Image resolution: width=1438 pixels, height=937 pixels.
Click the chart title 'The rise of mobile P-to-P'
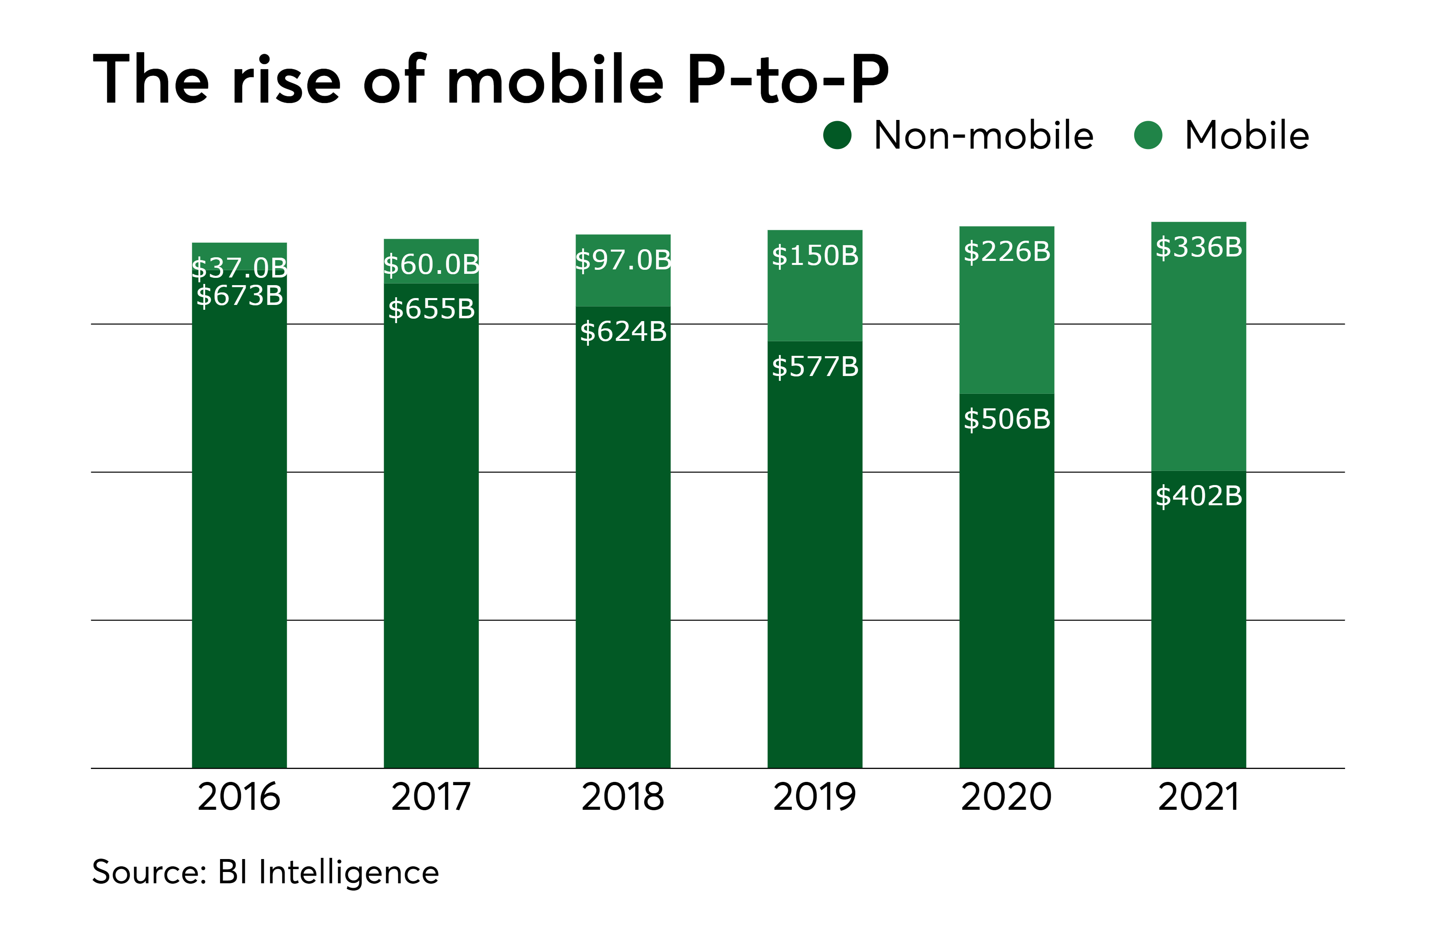(x=491, y=80)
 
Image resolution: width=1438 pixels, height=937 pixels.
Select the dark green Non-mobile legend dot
(x=837, y=135)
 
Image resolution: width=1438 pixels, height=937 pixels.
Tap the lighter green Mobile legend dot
(x=1148, y=135)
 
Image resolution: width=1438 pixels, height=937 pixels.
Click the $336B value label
(x=1199, y=247)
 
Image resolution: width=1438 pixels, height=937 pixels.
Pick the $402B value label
(x=1199, y=496)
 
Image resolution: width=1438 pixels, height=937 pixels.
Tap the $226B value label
(x=1007, y=251)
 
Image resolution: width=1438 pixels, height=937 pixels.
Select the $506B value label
(x=1007, y=419)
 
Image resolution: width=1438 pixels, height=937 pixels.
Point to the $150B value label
(x=814, y=256)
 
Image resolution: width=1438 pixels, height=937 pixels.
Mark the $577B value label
(x=814, y=366)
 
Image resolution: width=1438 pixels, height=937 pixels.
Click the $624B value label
(x=623, y=331)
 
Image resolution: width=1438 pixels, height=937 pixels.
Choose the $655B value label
(x=431, y=309)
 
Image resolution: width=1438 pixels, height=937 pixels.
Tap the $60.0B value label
(x=431, y=264)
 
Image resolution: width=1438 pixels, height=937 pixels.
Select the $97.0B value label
(x=623, y=260)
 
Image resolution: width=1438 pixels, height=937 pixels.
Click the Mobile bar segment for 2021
(x=1199, y=362)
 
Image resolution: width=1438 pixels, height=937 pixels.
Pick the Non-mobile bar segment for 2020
(x=1007, y=592)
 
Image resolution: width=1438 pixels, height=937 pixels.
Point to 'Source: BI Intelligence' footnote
(x=265, y=872)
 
